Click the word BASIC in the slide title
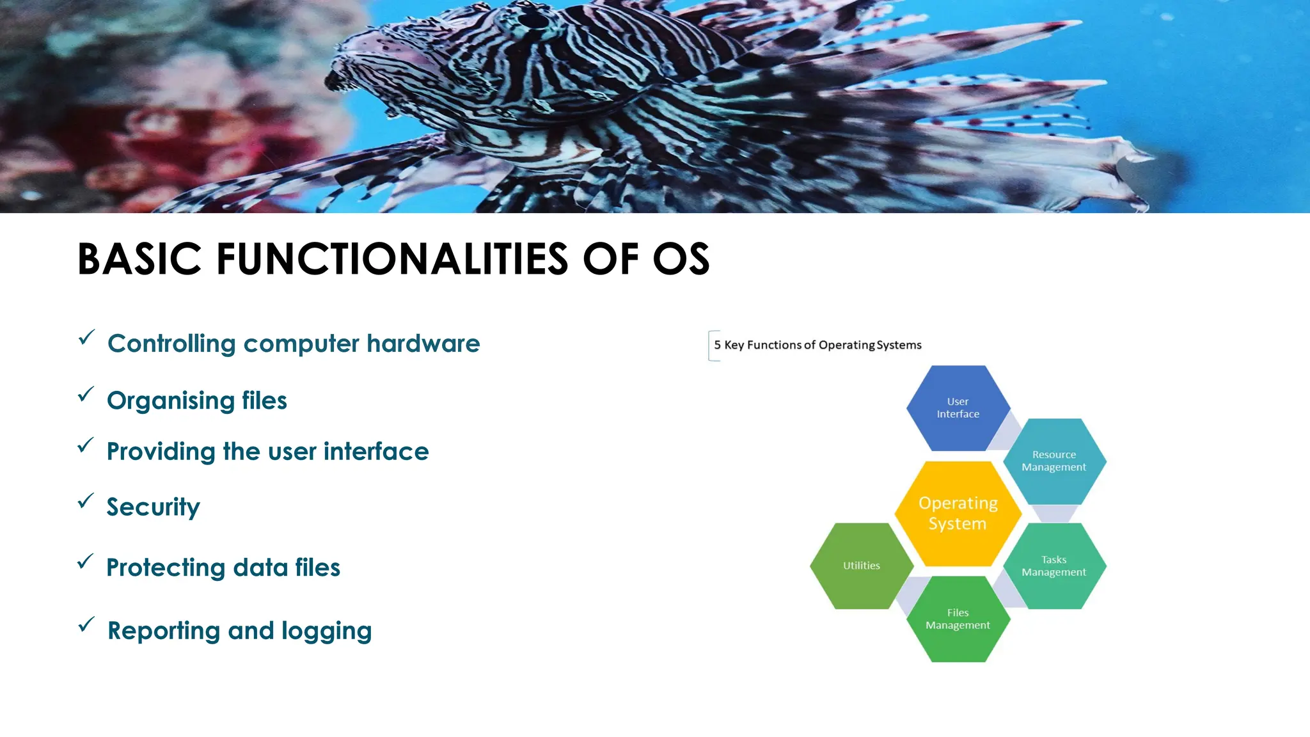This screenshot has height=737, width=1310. click(139, 259)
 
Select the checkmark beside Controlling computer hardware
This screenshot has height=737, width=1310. click(86, 337)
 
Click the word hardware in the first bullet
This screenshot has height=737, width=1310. click(423, 344)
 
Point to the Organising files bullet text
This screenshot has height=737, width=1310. click(196, 401)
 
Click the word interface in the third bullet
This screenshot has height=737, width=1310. click(376, 452)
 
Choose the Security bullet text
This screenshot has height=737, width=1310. click(153, 507)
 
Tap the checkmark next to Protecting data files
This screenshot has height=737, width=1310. click(85, 562)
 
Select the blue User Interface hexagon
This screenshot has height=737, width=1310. click(958, 408)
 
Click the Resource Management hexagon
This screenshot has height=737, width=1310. click(1054, 461)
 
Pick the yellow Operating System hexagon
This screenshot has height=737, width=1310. click(958, 513)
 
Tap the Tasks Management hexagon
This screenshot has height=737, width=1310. click(1054, 566)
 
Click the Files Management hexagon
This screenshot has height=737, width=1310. click(958, 619)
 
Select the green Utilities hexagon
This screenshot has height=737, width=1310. click(861, 566)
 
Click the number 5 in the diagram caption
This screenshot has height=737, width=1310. click(717, 345)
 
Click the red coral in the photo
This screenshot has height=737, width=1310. click(179, 147)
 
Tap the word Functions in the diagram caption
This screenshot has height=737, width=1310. click(774, 345)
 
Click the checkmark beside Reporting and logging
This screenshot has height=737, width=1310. click(86, 624)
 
